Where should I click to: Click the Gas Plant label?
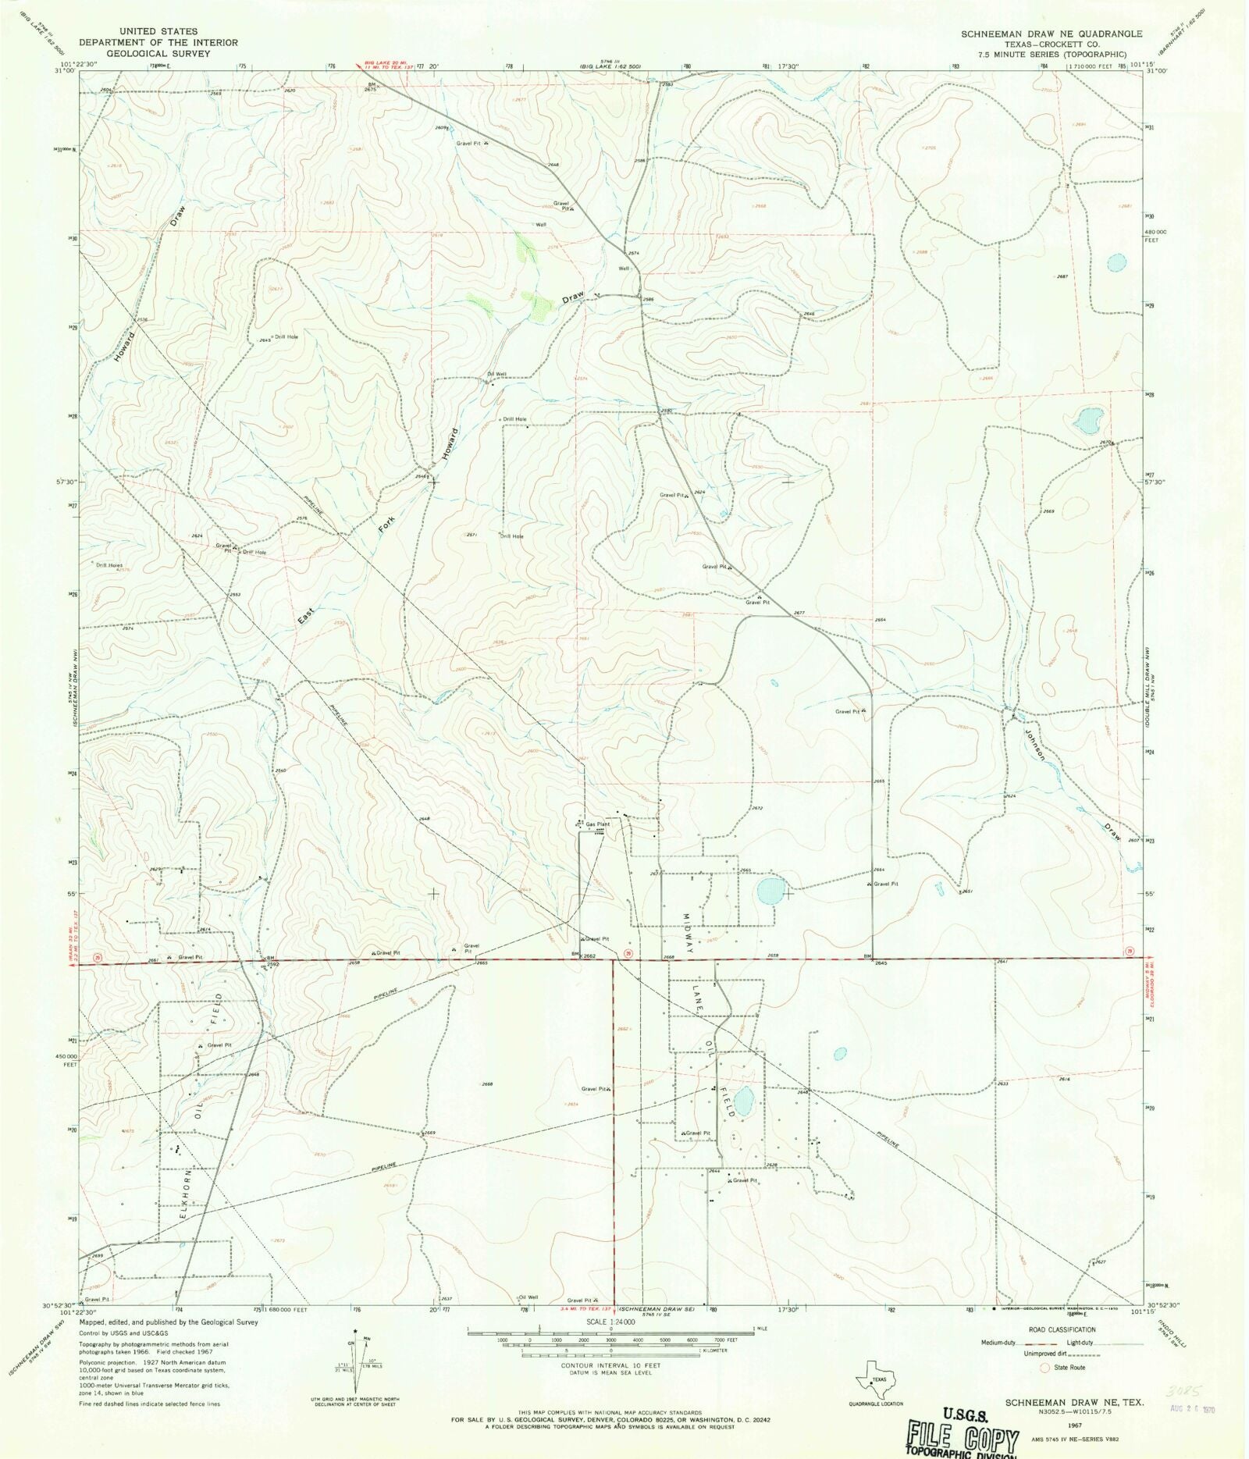(598, 824)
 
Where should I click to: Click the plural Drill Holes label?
(109, 564)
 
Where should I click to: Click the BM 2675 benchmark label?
(370, 87)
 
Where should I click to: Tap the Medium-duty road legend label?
(1000, 1343)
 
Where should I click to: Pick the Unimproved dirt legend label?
(1045, 1354)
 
